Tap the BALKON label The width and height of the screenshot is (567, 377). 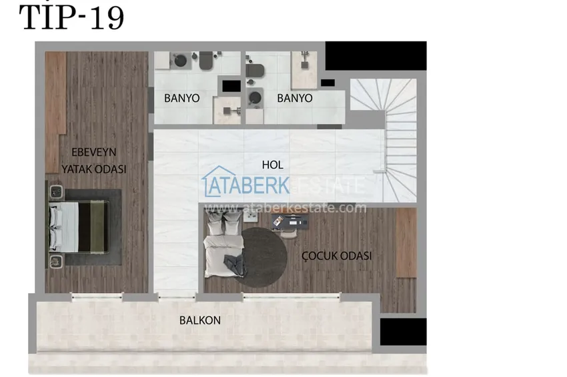(199, 320)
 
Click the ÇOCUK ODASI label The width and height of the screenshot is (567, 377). (336, 255)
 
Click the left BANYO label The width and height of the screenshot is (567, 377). (182, 98)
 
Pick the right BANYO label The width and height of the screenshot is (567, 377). (294, 98)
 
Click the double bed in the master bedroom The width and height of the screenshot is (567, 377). (79, 226)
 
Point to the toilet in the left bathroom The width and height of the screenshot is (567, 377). (204, 62)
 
